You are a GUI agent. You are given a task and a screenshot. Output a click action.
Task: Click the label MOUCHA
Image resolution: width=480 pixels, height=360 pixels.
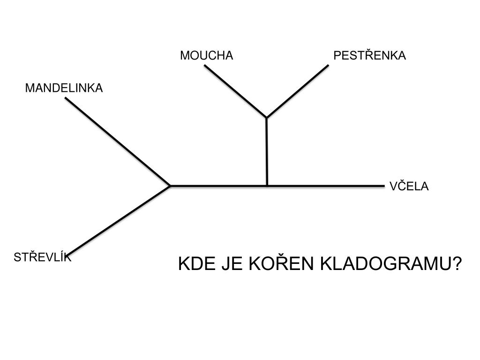tap(206, 56)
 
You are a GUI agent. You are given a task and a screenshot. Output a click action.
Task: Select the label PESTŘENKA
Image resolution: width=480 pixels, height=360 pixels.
tap(369, 56)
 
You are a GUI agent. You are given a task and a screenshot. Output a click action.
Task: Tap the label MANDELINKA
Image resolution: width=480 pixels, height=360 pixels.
tap(64, 88)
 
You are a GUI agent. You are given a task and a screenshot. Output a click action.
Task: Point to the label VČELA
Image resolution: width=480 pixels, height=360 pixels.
tap(409, 187)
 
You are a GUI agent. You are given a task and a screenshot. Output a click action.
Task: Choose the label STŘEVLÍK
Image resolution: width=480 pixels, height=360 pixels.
tap(43, 257)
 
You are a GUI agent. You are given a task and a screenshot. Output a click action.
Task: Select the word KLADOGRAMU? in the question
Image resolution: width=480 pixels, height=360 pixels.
tap(391, 264)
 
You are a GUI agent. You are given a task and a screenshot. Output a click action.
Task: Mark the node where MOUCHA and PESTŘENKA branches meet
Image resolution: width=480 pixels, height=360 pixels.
tap(266, 117)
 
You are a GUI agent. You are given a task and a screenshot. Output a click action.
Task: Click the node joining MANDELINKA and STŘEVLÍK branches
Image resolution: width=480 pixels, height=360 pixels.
tap(170, 186)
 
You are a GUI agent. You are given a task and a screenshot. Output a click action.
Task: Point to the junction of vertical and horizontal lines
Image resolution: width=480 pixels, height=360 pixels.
tap(267, 186)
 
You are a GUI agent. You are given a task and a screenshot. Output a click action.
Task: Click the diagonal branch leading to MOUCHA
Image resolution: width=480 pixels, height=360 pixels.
tap(235, 91)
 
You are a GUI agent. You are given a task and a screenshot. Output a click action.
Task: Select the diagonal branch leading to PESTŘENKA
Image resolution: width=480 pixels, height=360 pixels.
tap(298, 91)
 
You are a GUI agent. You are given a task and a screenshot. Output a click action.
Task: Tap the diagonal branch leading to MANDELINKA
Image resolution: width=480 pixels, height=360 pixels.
tap(117, 142)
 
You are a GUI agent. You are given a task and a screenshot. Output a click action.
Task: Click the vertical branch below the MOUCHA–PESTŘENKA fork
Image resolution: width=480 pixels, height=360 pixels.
tap(266, 151)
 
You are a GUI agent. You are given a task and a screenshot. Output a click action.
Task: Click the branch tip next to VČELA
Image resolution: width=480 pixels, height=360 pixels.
tap(383, 186)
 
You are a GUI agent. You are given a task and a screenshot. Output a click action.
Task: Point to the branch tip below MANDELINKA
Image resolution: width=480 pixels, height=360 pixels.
tap(66, 98)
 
